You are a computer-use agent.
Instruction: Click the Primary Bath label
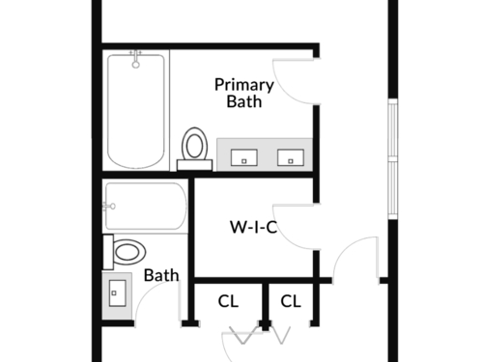(244, 93)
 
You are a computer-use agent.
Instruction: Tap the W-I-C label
(254, 227)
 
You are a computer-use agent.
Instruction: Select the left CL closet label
(228, 301)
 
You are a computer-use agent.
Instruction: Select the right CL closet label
(291, 301)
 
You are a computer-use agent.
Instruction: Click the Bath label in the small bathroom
(161, 275)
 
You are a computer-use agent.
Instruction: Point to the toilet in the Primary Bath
(194, 149)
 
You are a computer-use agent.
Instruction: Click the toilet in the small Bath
(125, 252)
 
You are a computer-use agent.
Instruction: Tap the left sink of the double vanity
(244, 157)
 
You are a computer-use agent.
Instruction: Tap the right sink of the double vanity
(291, 157)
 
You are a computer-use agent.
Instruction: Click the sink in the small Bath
(117, 293)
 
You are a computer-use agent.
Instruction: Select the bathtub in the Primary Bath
(136, 111)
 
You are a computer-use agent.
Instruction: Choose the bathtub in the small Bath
(146, 207)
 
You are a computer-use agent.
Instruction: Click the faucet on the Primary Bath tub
(136, 59)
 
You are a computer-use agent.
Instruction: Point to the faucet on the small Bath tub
(109, 207)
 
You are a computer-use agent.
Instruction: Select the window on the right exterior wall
(393, 159)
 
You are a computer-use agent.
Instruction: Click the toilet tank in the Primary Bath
(194, 165)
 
